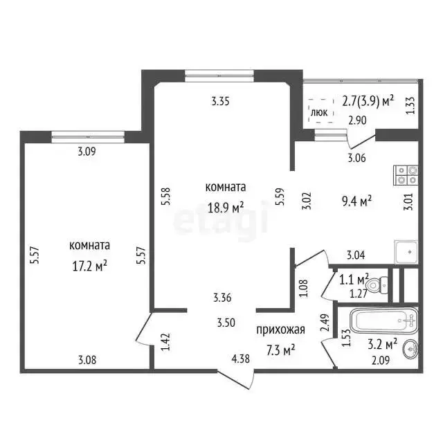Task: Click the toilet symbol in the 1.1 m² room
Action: click(377, 286)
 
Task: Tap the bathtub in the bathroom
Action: click(384, 321)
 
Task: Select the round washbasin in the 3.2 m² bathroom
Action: click(411, 350)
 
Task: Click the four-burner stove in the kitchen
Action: click(406, 175)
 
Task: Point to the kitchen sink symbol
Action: click(406, 252)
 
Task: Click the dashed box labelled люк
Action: click(321, 111)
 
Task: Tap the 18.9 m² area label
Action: click(226, 208)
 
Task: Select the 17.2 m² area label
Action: click(89, 266)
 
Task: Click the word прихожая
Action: click(280, 329)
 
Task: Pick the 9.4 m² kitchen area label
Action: click(356, 201)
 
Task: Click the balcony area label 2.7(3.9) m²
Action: click(368, 101)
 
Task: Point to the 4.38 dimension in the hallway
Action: click(240, 359)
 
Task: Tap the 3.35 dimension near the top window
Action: click(220, 101)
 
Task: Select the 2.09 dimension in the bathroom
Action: click(381, 360)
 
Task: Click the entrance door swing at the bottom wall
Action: click(237, 379)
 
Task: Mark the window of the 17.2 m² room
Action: click(88, 137)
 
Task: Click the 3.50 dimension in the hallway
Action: click(226, 323)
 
